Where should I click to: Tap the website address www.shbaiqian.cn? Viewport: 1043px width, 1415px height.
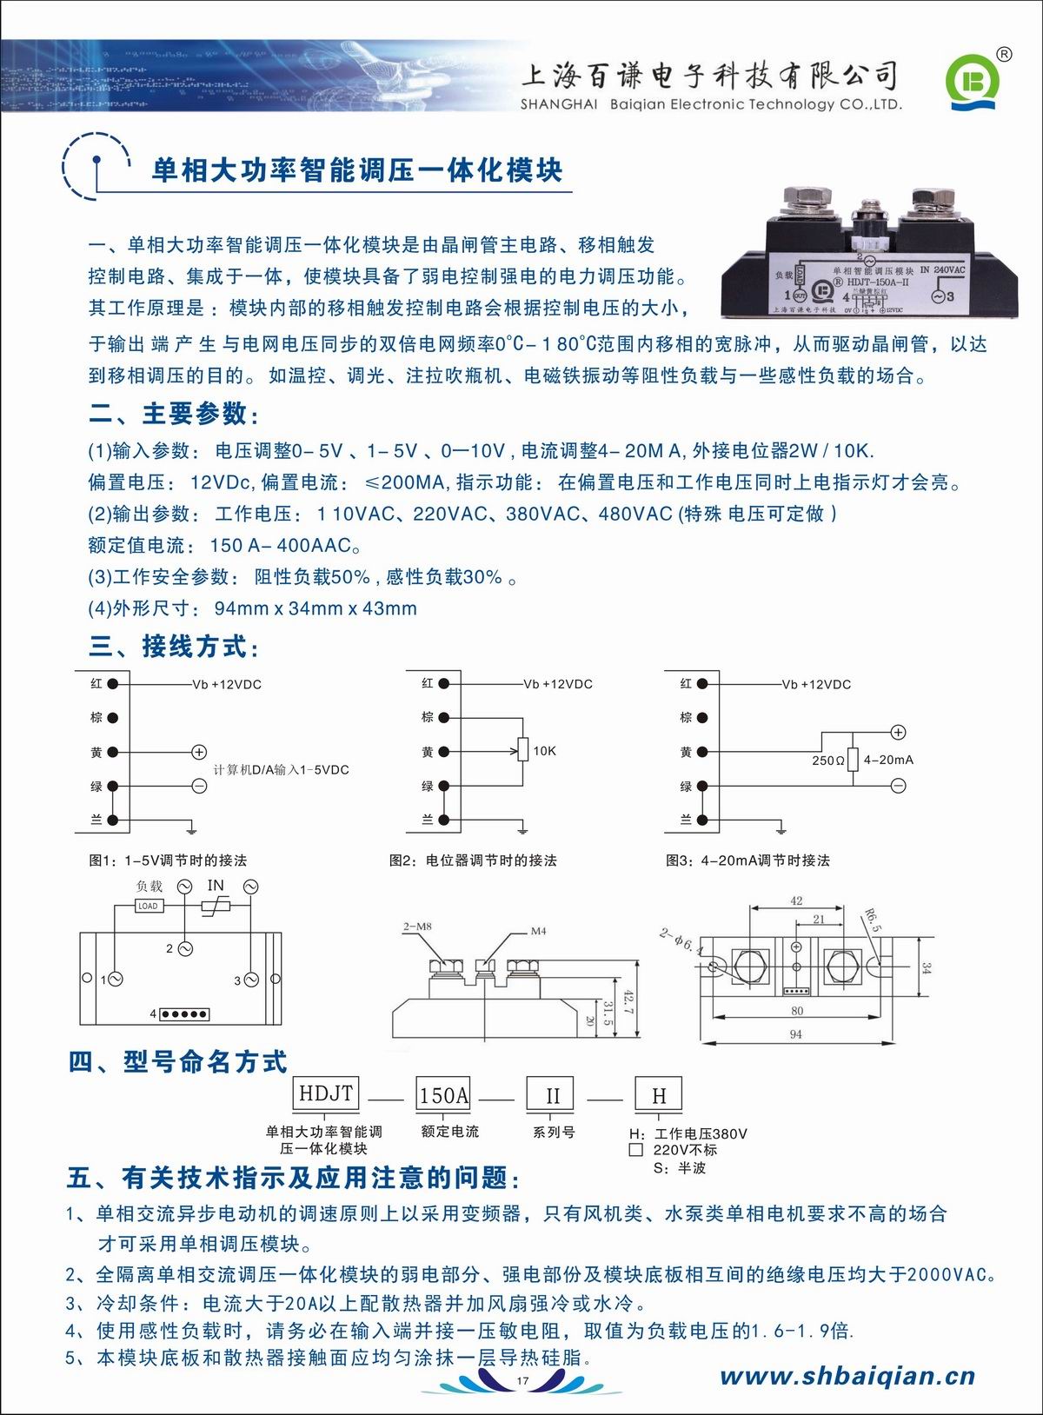pos(847,1376)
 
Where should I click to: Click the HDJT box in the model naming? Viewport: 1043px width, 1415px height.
pos(326,1093)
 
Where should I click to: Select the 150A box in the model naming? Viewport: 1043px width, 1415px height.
pos(444,1095)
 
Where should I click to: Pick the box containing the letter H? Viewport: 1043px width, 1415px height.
pos(659,1095)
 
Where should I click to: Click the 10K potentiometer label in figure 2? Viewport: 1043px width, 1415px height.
pos(545,751)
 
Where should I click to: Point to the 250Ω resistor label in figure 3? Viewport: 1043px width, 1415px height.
pos(828,761)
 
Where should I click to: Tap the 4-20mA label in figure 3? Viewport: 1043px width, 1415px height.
pos(888,760)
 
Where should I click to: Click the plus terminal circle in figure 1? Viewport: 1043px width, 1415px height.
pos(199,752)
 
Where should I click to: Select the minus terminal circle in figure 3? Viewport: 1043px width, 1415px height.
pos(899,786)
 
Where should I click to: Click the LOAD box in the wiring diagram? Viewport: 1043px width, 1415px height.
pos(148,906)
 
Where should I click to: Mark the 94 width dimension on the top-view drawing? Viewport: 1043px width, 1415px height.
pos(795,1034)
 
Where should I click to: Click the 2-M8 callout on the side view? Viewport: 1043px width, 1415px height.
pos(417,927)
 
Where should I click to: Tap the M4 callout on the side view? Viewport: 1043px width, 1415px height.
pos(538,931)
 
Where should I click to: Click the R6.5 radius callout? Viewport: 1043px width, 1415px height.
pos(872,920)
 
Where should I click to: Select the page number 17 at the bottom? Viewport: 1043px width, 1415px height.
pos(522,1381)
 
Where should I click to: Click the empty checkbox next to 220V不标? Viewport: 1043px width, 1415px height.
pos(636,1150)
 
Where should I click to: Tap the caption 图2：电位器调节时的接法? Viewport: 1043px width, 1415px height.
pos(473,860)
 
